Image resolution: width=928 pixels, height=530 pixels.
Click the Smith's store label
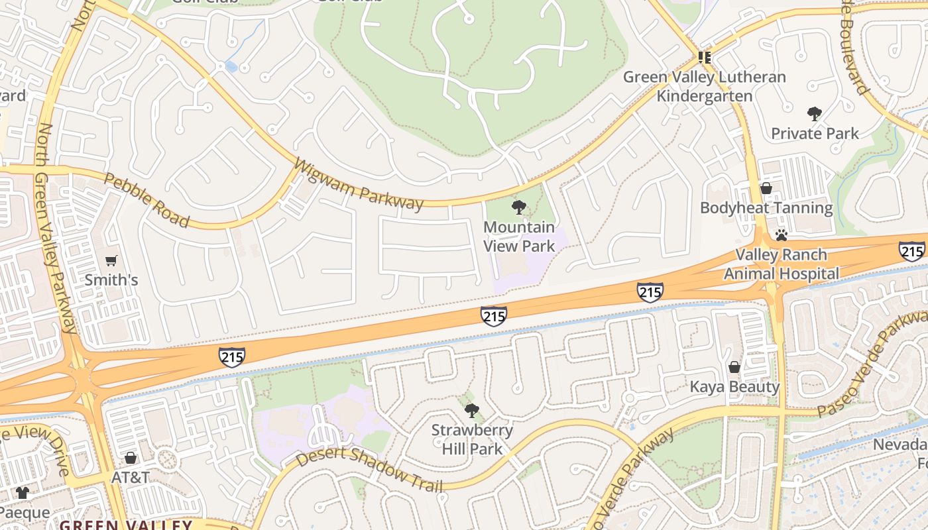point(111,280)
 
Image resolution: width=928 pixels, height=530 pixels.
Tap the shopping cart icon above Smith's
point(111,261)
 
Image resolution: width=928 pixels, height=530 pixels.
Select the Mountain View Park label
point(519,237)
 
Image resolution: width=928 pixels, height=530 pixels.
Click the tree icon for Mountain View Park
point(519,208)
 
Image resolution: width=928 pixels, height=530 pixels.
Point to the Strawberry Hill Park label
point(472,439)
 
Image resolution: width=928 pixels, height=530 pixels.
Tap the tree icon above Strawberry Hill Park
point(472,411)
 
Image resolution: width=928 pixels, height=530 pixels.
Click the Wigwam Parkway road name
point(358,184)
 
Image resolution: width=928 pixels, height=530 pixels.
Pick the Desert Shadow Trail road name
point(369,470)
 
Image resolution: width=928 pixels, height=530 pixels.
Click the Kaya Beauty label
point(734,387)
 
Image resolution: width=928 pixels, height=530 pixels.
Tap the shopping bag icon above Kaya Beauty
point(734,367)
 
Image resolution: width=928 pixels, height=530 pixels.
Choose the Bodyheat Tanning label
point(766,208)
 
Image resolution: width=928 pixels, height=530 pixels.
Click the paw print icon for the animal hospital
point(782,235)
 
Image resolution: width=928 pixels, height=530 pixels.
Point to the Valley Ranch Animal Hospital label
point(782,264)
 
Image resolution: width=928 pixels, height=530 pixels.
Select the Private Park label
point(815,134)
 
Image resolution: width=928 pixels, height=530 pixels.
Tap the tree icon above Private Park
point(815,114)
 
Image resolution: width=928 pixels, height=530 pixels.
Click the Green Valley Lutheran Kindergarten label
point(704,87)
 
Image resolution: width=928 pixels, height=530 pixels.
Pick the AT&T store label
point(131,478)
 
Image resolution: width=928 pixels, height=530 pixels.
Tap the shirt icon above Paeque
point(23,493)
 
